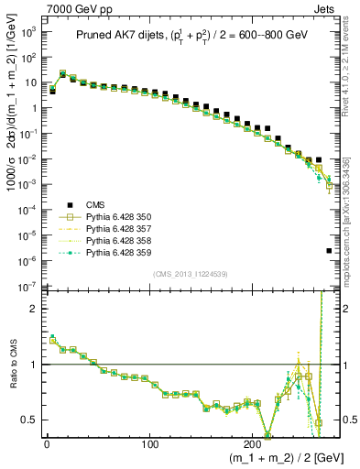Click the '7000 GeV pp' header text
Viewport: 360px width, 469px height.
tap(74, 7)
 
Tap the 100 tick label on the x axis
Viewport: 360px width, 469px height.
tap(149, 443)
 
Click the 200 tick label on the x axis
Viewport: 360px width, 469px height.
tap(252, 443)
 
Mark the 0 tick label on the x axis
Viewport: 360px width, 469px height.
tap(47, 443)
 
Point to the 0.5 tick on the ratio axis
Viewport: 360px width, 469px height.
tap(30, 420)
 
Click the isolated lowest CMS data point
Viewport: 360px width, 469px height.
tap(329, 250)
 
